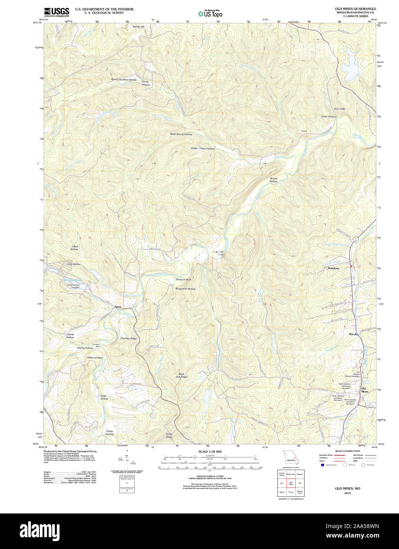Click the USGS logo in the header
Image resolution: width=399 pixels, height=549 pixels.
(x=56, y=12)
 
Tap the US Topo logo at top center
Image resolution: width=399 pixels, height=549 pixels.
(x=210, y=13)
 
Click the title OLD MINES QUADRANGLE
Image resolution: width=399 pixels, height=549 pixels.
(x=355, y=9)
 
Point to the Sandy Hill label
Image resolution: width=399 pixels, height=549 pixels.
(x=138, y=26)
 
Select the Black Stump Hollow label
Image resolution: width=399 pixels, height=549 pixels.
(x=181, y=134)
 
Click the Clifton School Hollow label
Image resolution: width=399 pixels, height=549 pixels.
(x=203, y=149)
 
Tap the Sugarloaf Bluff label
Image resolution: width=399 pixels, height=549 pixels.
(x=218, y=253)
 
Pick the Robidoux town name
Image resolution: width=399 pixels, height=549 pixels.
(x=333, y=268)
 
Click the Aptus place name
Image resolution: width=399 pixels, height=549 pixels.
(x=117, y=307)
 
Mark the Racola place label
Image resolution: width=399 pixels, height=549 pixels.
(x=353, y=334)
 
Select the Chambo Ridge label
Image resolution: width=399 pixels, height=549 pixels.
(x=128, y=338)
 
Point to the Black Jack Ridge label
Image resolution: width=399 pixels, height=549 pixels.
(x=181, y=375)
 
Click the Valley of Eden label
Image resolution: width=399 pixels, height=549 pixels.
(x=95, y=357)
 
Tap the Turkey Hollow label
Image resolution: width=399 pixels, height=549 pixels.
(x=109, y=432)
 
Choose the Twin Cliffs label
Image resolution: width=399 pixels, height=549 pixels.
(x=339, y=109)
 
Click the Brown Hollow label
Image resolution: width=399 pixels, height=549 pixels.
(x=273, y=180)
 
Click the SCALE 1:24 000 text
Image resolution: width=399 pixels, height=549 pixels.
(x=210, y=451)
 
